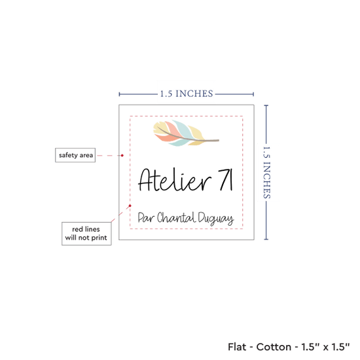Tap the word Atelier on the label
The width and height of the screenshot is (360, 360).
175,180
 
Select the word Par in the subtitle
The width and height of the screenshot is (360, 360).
146,218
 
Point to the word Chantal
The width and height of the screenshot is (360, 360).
176,217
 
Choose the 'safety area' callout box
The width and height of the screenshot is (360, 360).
75,155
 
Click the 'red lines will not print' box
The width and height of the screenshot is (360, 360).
86,234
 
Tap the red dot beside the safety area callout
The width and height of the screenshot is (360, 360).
122,155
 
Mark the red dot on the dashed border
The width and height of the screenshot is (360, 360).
130,206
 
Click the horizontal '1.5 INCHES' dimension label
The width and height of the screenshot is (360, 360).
187,94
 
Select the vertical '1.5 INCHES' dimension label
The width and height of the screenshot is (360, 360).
267,172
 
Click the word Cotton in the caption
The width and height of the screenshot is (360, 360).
274,347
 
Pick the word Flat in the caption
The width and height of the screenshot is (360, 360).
236,347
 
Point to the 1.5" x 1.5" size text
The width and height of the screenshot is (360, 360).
325,347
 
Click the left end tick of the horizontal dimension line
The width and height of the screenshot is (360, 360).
119,94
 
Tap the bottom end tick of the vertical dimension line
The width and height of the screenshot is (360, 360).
266,239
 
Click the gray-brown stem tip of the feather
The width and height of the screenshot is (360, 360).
219,140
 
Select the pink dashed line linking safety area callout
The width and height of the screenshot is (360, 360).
109,155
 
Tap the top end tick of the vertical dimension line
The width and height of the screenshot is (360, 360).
266,105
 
